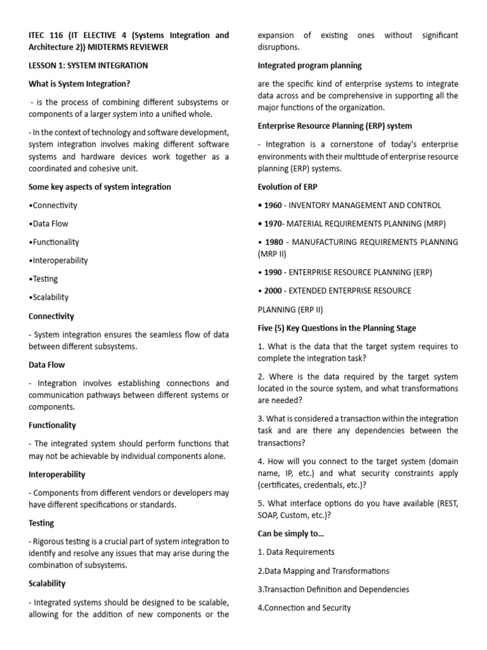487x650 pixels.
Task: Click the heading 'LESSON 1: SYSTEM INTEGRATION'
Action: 88,65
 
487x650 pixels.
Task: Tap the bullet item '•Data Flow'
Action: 48,223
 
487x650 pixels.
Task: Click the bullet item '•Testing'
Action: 43,279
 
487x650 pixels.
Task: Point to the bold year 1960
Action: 273,205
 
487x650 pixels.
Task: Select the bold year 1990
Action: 273,272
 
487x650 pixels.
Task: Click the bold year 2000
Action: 273,291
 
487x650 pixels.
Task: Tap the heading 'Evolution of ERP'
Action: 288,187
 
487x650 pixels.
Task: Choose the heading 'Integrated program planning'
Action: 309,65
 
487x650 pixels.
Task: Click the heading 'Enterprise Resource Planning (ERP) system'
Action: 335,126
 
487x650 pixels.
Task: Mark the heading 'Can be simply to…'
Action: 289,533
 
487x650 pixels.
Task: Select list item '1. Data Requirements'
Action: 296,552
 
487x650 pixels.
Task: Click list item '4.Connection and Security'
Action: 304,607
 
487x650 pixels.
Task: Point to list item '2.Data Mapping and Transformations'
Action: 323,571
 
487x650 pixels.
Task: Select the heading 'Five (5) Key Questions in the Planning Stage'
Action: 337,328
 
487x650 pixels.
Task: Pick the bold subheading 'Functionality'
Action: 52,425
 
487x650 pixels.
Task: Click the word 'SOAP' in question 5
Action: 269,515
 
